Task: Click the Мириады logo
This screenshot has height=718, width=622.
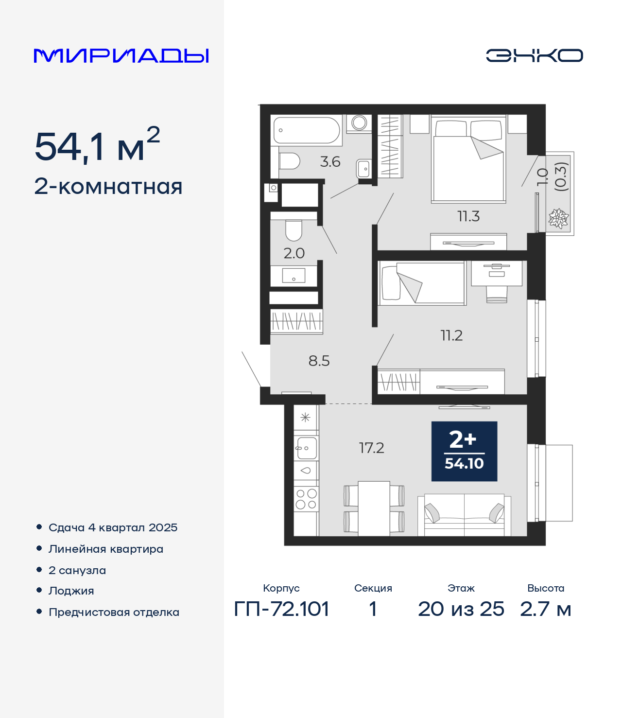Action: pyautogui.click(x=121, y=55)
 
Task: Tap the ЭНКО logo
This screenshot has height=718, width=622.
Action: pyautogui.click(x=534, y=55)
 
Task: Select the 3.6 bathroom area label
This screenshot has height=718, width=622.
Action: pyautogui.click(x=330, y=162)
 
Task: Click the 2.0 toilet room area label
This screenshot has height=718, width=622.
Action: pyautogui.click(x=294, y=253)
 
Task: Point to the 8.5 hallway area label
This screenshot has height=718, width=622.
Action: pyautogui.click(x=319, y=361)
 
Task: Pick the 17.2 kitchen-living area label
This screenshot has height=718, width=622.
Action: pyautogui.click(x=372, y=448)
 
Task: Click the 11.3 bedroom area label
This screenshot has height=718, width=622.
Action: pyautogui.click(x=468, y=216)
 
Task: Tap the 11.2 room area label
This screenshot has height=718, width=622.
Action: pyautogui.click(x=451, y=335)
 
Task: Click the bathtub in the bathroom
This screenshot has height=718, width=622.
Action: pyautogui.click(x=307, y=130)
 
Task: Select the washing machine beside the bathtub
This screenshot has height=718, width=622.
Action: pyautogui.click(x=359, y=123)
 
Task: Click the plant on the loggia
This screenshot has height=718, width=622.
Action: pyautogui.click(x=558, y=218)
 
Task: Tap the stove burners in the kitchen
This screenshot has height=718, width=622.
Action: pyautogui.click(x=306, y=499)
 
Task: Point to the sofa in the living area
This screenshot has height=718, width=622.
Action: pyautogui.click(x=464, y=515)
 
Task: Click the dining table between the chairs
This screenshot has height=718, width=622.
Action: pyautogui.click(x=374, y=508)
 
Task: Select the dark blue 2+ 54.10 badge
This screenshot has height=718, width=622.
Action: pyautogui.click(x=464, y=451)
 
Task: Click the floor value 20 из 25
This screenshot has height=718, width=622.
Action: pyautogui.click(x=461, y=609)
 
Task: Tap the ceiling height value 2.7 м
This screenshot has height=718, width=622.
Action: pyautogui.click(x=545, y=609)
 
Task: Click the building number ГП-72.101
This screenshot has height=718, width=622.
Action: pyautogui.click(x=281, y=609)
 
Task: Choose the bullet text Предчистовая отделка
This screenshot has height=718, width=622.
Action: pyautogui.click(x=114, y=612)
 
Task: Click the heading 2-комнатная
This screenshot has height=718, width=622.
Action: pyautogui.click(x=108, y=187)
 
